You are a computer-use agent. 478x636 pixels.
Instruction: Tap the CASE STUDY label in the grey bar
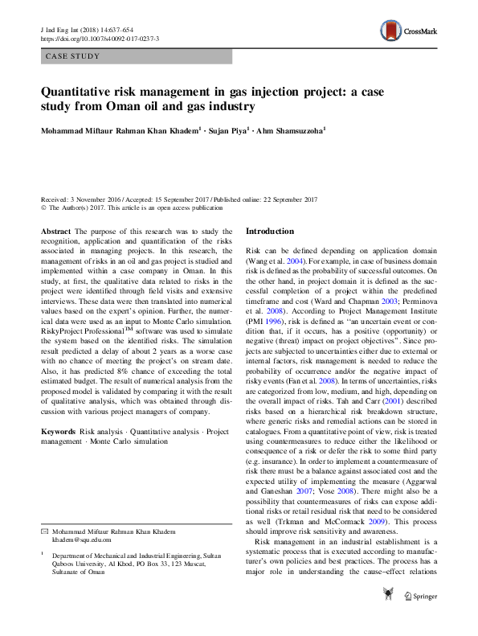[x=72, y=56]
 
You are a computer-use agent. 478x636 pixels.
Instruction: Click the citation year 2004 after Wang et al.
[x=298, y=262]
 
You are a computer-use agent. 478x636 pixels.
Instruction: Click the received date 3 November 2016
[x=97, y=199]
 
